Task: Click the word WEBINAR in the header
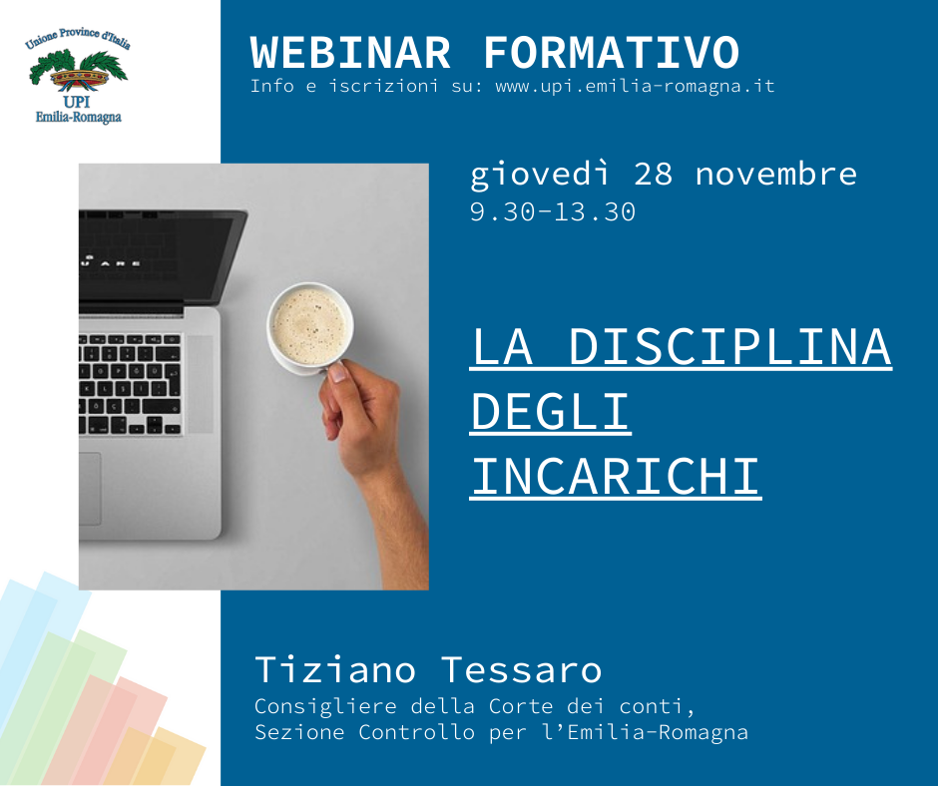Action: [x=350, y=53]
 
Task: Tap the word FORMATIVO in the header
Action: [x=612, y=53]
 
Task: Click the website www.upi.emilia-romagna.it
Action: [x=635, y=86]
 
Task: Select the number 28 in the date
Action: [x=654, y=175]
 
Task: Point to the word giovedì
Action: [x=539, y=176]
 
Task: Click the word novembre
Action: [x=776, y=175]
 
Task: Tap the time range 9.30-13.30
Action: [x=552, y=211]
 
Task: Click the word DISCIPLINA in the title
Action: [x=729, y=347]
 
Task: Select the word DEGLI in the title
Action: [x=551, y=412]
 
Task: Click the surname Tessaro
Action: [x=521, y=669]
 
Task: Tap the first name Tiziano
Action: [x=335, y=669]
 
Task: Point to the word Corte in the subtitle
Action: [x=521, y=706]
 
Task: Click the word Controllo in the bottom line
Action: [x=416, y=732]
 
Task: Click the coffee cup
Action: [x=309, y=328]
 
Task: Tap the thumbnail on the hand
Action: [x=338, y=373]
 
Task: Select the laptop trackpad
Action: [x=90, y=489]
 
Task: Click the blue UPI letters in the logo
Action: [x=77, y=102]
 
